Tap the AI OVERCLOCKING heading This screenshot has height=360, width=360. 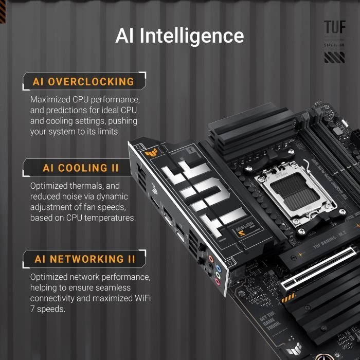point(83,82)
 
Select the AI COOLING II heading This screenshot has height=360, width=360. point(81,168)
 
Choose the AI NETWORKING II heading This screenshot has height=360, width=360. point(85,259)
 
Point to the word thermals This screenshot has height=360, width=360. point(86,186)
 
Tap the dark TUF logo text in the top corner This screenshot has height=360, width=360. point(334,27)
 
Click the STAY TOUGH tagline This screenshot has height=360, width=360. point(334,45)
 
